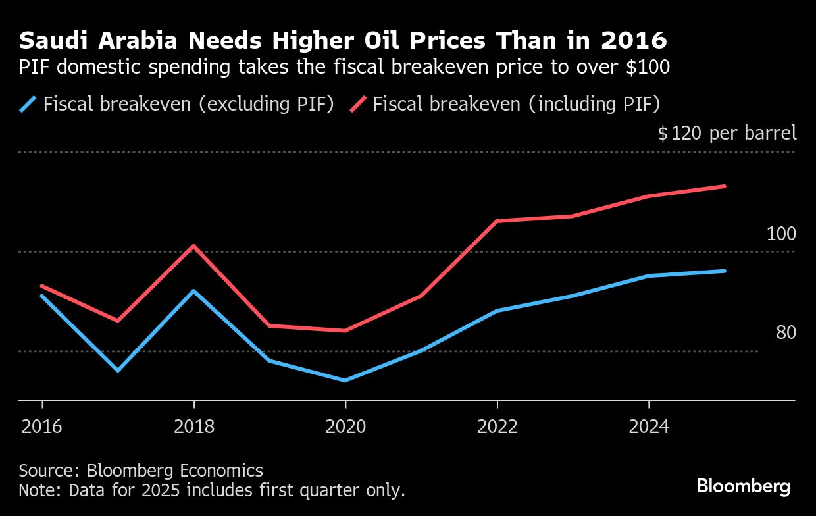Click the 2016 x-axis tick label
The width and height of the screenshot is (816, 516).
coord(42,427)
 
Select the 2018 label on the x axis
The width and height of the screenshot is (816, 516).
coord(194,427)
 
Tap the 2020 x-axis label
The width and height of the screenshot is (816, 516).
coord(345,427)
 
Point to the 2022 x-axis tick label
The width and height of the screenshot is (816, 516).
coord(497,427)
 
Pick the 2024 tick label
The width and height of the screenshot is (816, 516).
coord(649,427)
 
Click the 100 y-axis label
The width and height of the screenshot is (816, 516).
coord(781,234)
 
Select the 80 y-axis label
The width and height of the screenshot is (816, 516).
coord(786,334)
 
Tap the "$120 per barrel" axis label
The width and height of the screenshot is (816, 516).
coord(727,134)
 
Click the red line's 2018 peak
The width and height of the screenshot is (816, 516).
coord(193,246)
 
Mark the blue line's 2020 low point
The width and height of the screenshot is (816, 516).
coord(345,380)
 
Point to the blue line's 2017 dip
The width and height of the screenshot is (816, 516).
coord(118,371)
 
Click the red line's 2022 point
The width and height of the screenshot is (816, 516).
coord(497,221)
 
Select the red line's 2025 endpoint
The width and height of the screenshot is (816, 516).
coord(725,186)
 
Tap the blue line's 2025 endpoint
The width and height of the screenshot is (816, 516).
coord(725,271)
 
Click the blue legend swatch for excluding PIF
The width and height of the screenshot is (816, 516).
coord(28,104)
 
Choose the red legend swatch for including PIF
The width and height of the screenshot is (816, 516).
coord(358,104)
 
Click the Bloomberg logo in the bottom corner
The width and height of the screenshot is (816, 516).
coord(744,486)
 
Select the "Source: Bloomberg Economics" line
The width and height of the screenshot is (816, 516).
coord(141,471)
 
